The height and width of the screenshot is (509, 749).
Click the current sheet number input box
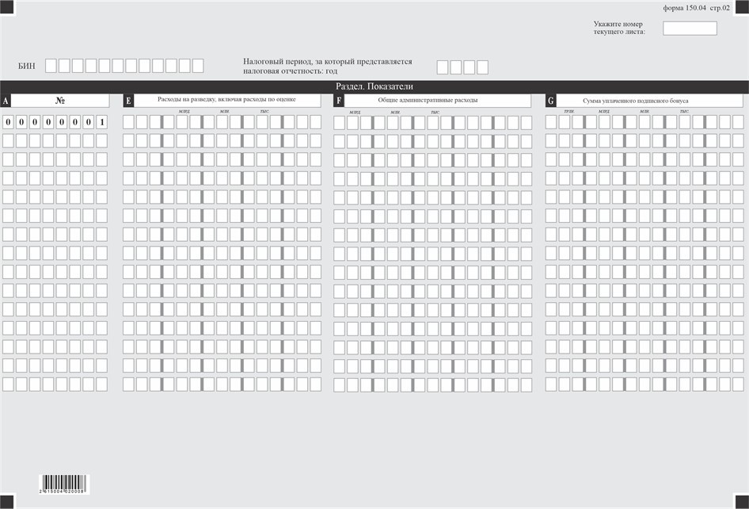(x=690, y=29)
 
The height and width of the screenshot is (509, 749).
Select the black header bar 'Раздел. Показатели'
(x=374, y=86)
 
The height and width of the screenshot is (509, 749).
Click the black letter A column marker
(x=6, y=101)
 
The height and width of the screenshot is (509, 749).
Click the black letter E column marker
(x=128, y=101)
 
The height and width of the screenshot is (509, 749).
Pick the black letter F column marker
(x=339, y=101)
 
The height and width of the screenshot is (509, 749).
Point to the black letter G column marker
(x=550, y=101)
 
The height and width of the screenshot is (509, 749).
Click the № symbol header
(x=60, y=101)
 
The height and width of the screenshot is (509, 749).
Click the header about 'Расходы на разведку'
(x=226, y=100)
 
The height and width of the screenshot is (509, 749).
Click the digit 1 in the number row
(x=101, y=122)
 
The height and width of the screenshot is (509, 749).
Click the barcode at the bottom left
(x=65, y=484)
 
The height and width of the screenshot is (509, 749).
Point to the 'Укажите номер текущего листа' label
(x=618, y=28)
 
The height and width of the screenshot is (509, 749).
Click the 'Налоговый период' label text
(x=327, y=66)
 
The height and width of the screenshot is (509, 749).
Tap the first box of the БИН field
(x=51, y=66)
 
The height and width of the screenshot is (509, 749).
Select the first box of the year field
(x=443, y=67)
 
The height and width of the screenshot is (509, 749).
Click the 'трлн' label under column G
(x=568, y=112)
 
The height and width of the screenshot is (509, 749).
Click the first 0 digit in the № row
(x=8, y=122)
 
